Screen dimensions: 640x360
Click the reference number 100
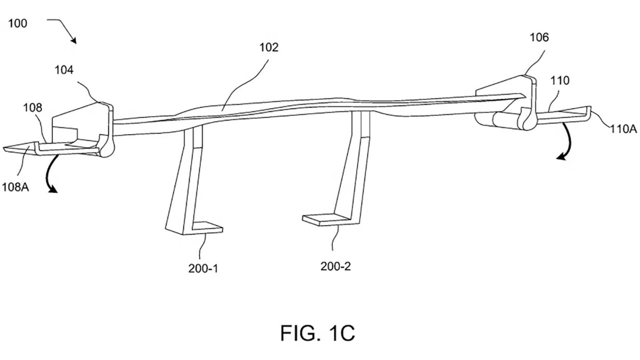point(18,23)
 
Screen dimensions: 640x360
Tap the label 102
point(269,47)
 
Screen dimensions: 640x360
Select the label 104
point(64,70)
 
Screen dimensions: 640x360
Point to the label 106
point(539,37)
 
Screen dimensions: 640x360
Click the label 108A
point(15,187)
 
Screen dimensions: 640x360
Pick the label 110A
point(623,129)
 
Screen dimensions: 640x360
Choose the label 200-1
point(203,268)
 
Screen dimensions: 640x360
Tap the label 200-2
point(335,266)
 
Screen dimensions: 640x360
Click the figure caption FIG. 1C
point(317,333)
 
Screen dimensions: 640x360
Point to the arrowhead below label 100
point(74,41)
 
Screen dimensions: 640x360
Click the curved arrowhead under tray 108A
point(53,189)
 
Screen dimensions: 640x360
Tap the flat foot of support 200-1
point(207,228)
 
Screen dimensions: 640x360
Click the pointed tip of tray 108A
point(5,149)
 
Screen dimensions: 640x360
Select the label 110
point(559,81)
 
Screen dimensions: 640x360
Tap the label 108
point(33,108)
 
